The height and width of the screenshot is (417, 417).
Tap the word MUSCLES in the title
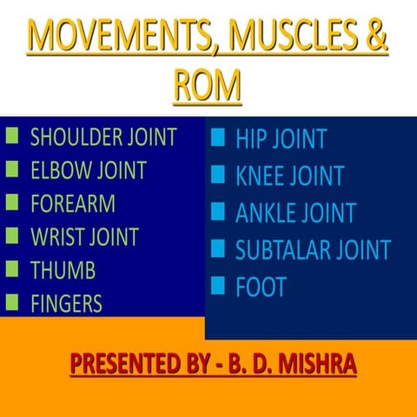pyautogui.click(x=287, y=40)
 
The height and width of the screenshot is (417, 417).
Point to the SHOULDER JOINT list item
pyautogui.click(x=103, y=137)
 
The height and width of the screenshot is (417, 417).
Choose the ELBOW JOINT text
pyautogui.click(x=88, y=170)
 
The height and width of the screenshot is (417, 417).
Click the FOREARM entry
pyautogui.click(x=72, y=204)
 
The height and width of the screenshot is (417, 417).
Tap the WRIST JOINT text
pyautogui.click(x=84, y=237)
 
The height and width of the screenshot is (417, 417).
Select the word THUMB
pyautogui.click(x=63, y=270)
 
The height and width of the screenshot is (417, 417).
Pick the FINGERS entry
pyautogui.click(x=66, y=303)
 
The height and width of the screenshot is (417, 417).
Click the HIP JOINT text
pyautogui.click(x=281, y=139)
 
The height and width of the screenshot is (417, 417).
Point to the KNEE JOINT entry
pyautogui.click(x=289, y=176)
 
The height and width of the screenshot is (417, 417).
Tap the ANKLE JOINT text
pyautogui.click(x=295, y=213)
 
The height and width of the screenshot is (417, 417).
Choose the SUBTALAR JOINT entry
pyautogui.click(x=313, y=250)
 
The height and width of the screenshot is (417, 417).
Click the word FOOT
pyautogui.click(x=261, y=288)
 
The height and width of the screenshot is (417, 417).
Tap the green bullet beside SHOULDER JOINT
pyautogui.click(x=12, y=136)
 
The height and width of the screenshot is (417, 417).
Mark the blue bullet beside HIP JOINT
pyautogui.click(x=218, y=137)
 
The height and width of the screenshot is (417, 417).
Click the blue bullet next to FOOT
pyautogui.click(x=218, y=286)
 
